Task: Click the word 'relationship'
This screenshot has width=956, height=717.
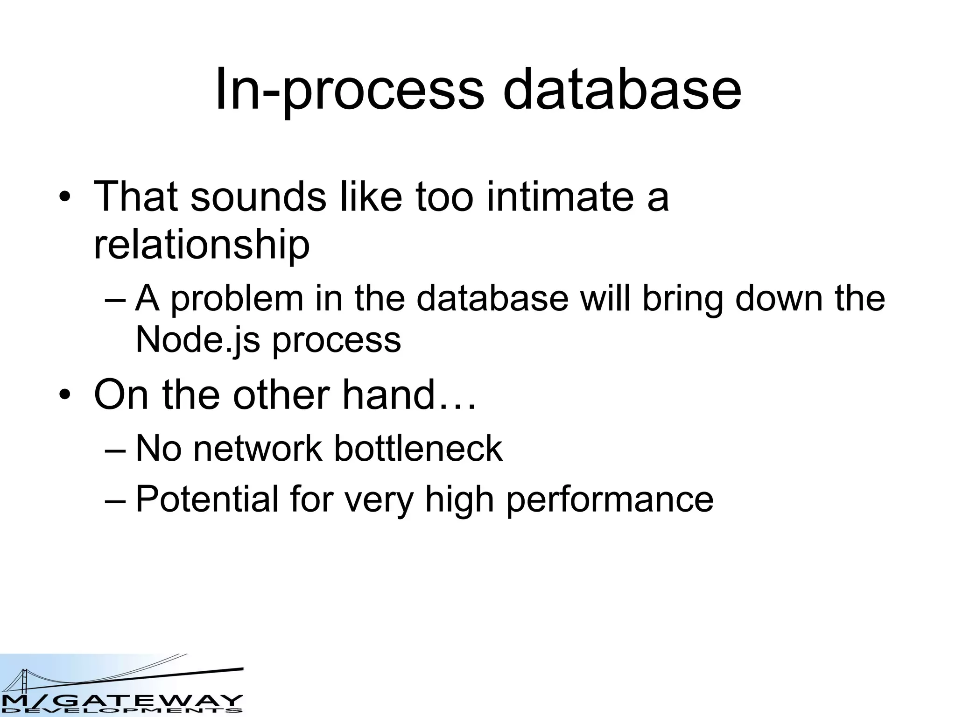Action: tap(202, 246)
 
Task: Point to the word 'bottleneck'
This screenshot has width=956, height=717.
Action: tap(418, 449)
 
